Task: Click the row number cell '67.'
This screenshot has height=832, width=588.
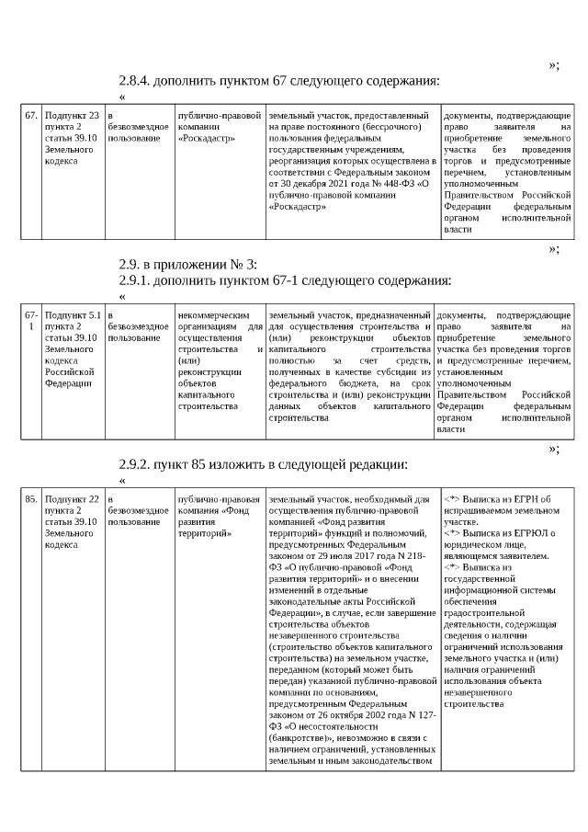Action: click(30, 116)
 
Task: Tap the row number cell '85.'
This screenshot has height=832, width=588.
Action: click(30, 499)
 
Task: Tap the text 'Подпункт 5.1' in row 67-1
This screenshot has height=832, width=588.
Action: click(73, 315)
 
